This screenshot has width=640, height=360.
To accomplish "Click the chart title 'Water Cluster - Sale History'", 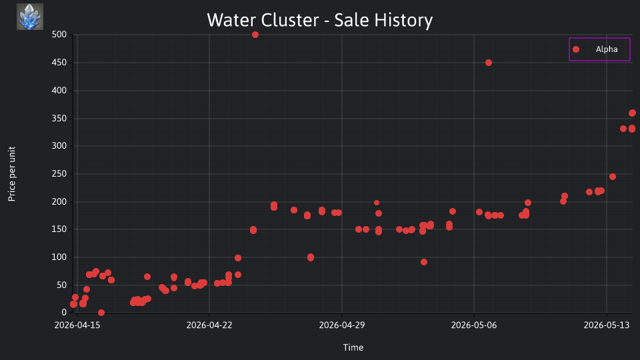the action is (319, 20).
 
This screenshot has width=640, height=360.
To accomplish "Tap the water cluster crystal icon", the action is (30, 17).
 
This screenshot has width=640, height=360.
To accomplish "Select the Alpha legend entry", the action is (599, 49).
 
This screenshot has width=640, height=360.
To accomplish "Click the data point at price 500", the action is (255, 35).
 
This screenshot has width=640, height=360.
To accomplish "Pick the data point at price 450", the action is (489, 63).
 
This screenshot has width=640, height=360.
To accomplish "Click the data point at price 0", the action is (101, 313).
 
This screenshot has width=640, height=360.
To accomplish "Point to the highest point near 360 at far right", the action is (632, 113).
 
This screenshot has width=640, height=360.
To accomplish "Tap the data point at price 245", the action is (613, 177).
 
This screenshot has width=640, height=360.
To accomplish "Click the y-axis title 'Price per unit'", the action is (12, 174).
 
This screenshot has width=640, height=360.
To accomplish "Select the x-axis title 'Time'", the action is (353, 347).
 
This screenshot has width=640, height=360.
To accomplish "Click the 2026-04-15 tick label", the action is (77, 325).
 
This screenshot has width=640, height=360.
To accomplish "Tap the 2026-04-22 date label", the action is (209, 325).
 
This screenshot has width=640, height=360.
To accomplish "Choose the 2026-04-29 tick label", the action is (342, 325).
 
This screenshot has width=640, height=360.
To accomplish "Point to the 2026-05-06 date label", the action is (474, 325).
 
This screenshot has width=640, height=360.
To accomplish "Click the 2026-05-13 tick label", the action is (607, 325).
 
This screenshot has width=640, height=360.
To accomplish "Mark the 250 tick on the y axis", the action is (59, 174).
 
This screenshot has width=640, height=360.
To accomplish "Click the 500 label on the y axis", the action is (59, 35).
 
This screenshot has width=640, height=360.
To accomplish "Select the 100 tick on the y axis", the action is (59, 257).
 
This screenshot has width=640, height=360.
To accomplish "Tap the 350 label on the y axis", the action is (59, 119).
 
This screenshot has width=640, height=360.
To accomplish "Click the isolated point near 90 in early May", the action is (424, 262).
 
